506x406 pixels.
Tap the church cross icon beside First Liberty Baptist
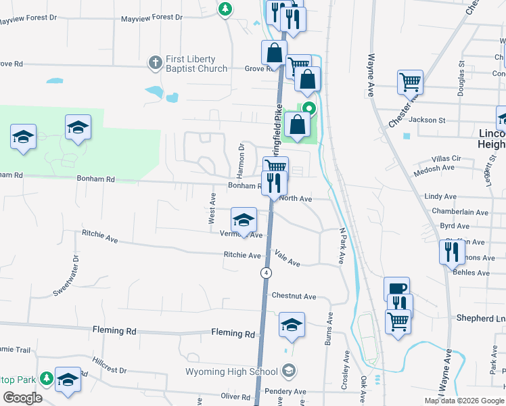[155, 63]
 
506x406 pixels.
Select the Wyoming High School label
[231, 371]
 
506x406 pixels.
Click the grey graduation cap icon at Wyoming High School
[289, 371]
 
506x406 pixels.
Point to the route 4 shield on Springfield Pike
[266, 272]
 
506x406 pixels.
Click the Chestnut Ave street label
[294, 296]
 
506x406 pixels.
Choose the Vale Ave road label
[287, 258]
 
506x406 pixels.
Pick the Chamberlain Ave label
[460, 212]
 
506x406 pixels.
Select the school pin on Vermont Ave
[244, 220]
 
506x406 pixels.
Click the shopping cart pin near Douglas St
[410, 83]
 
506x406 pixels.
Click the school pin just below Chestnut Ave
[292, 325]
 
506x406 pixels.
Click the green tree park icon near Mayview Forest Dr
[225, 9]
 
